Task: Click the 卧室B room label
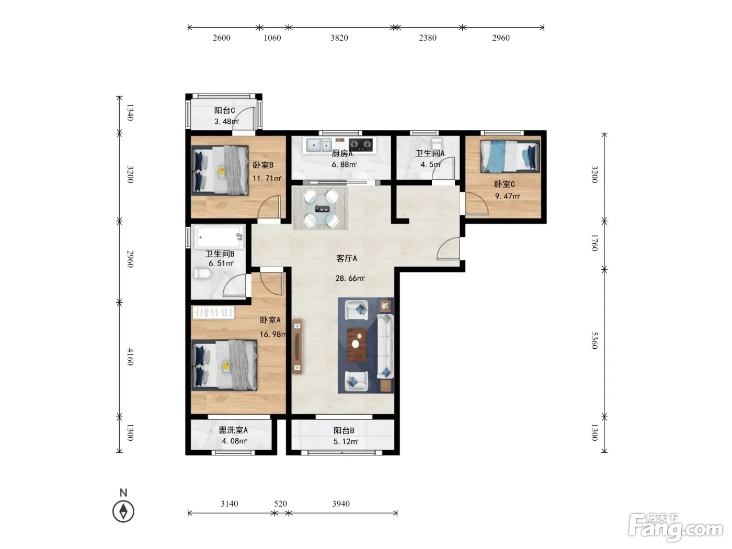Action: point(263,165)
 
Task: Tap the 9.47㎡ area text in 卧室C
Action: point(507,197)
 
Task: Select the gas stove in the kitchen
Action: point(361,145)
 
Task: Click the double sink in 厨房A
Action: point(319,145)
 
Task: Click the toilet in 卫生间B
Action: point(202,273)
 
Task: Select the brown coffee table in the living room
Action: point(357,345)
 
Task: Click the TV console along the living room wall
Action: point(298,347)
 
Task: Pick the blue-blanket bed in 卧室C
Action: point(510,156)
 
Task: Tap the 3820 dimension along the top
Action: point(339,38)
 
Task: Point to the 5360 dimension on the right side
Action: point(594,340)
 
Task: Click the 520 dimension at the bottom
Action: point(280,504)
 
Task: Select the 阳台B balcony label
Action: point(344,431)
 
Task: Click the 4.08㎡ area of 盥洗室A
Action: point(234,441)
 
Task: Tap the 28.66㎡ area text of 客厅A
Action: point(350,278)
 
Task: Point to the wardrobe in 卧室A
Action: point(213,313)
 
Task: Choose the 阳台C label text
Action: point(224,111)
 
